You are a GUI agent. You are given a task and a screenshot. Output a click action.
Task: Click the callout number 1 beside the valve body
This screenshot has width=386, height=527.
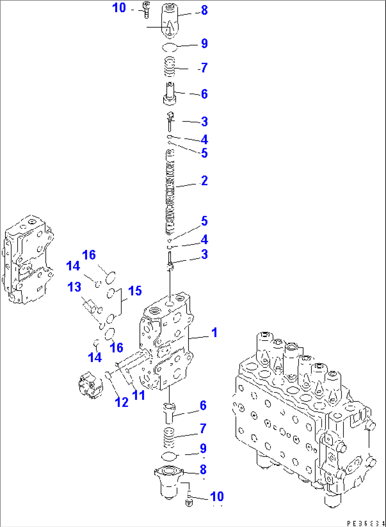(x=214, y=332)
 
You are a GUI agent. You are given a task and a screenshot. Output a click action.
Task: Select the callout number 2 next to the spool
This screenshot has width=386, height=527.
(x=204, y=180)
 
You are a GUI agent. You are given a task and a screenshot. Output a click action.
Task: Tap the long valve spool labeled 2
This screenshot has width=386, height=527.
(x=170, y=191)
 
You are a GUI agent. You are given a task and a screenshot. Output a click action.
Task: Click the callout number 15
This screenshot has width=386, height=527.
(x=135, y=291)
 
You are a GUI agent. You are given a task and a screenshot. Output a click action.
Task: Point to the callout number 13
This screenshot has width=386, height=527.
(x=74, y=287)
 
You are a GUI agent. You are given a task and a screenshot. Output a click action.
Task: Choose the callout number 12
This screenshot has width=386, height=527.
(x=121, y=402)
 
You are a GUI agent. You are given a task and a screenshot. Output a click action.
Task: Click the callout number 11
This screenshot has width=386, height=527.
(x=138, y=395)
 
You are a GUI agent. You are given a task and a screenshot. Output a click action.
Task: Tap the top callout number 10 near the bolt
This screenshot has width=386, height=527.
(x=119, y=7)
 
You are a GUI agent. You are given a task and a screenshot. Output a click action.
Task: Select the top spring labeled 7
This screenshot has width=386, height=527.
(x=170, y=67)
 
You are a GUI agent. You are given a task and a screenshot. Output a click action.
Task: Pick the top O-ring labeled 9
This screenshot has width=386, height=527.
(x=169, y=47)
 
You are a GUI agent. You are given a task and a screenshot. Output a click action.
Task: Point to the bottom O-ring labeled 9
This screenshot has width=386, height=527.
(x=169, y=456)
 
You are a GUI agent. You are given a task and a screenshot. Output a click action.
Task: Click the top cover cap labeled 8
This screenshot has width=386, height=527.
(x=170, y=21)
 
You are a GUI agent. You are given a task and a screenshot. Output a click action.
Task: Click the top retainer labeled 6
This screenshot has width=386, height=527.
(x=170, y=95)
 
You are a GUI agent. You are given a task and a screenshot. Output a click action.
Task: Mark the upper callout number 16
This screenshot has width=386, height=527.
(x=89, y=255)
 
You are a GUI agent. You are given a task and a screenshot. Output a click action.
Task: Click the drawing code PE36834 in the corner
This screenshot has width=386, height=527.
(x=366, y=523)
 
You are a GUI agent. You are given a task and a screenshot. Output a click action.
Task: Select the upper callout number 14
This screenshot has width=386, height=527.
(x=73, y=266)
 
